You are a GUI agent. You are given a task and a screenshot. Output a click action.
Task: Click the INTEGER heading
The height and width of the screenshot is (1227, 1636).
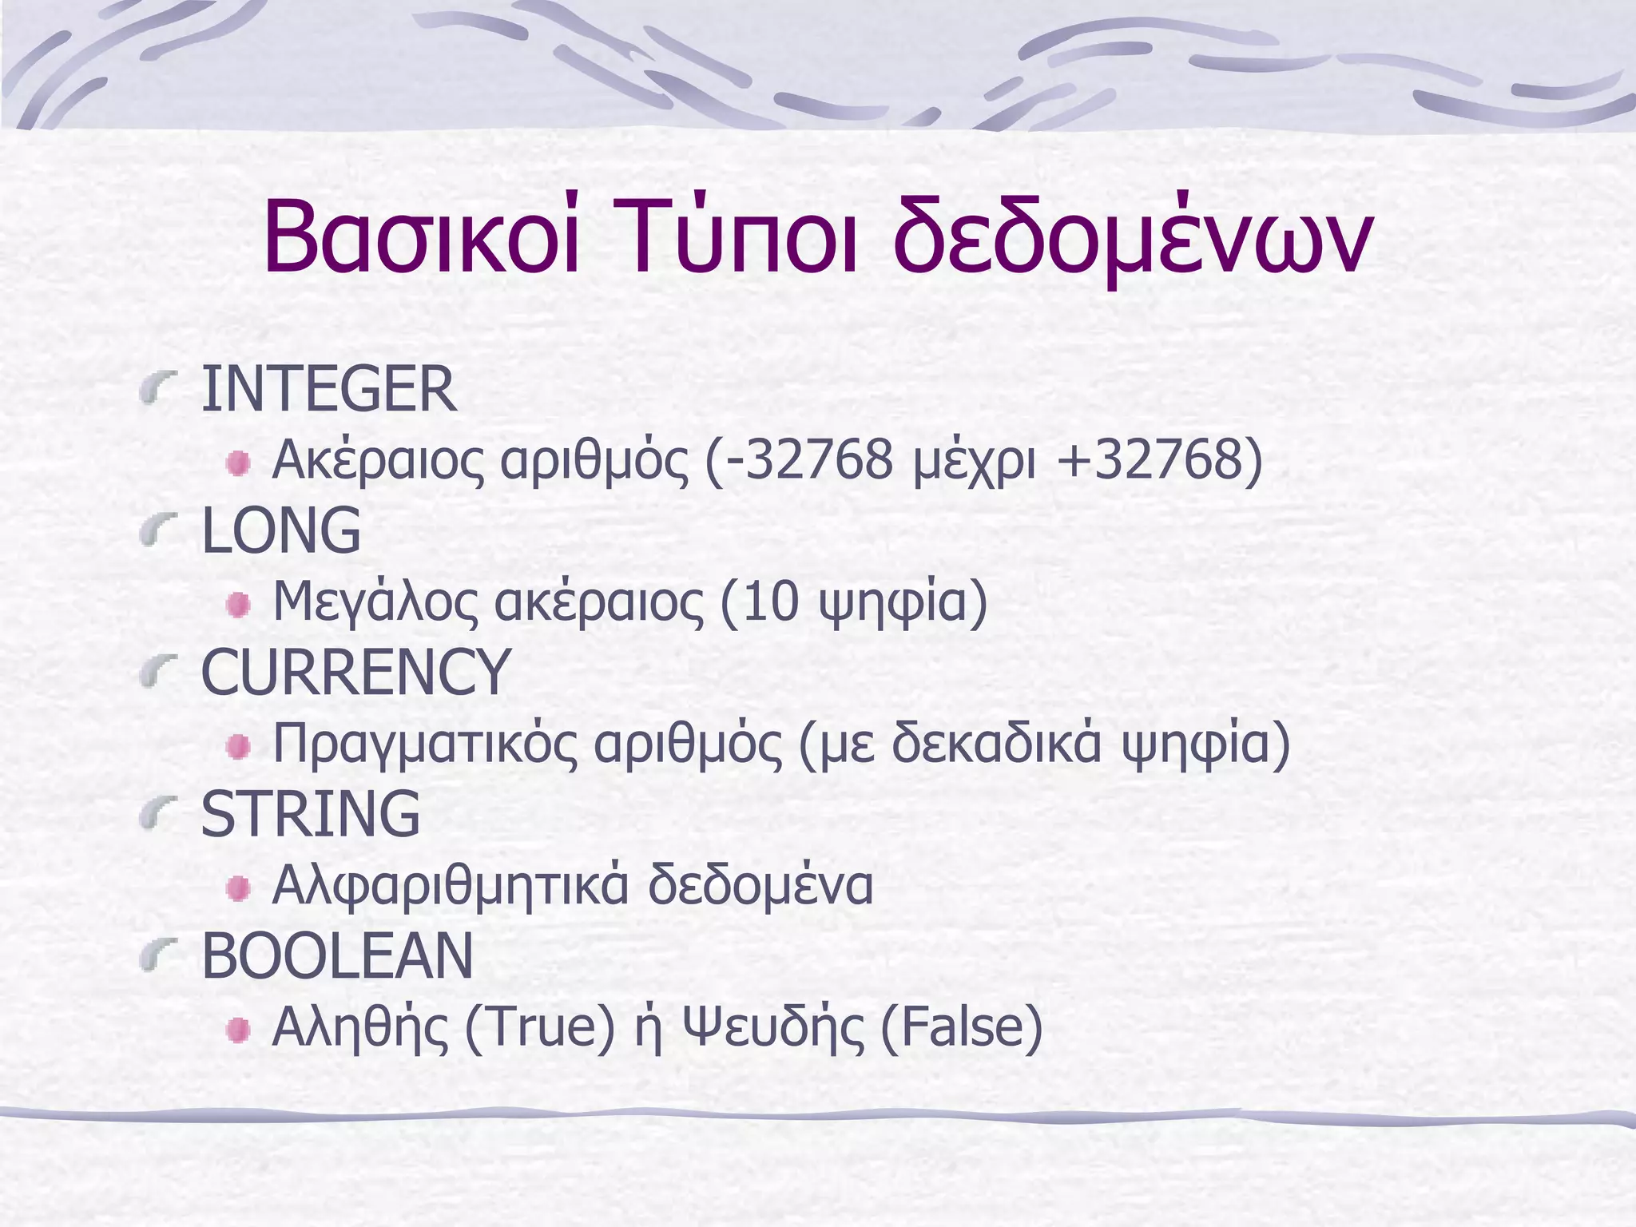point(328,389)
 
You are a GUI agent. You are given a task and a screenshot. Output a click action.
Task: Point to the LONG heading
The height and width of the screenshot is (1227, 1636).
point(280,530)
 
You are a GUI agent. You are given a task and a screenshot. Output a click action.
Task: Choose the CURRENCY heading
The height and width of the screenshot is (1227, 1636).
point(355,673)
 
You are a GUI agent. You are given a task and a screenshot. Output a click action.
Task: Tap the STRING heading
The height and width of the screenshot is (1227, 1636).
point(310,814)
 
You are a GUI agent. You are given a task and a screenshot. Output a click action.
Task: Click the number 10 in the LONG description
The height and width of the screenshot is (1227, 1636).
point(770,601)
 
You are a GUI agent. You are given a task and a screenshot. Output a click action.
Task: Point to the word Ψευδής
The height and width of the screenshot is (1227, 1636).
point(774,1028)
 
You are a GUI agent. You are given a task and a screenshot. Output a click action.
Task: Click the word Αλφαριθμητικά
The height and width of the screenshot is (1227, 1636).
point(451,885)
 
